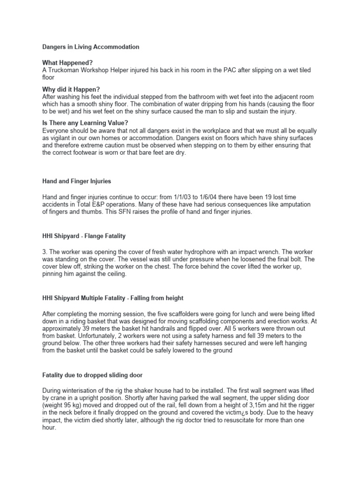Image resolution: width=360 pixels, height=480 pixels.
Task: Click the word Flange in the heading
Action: (x=90, y=236)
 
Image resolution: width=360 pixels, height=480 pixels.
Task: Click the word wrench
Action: (x=284, y=252)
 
